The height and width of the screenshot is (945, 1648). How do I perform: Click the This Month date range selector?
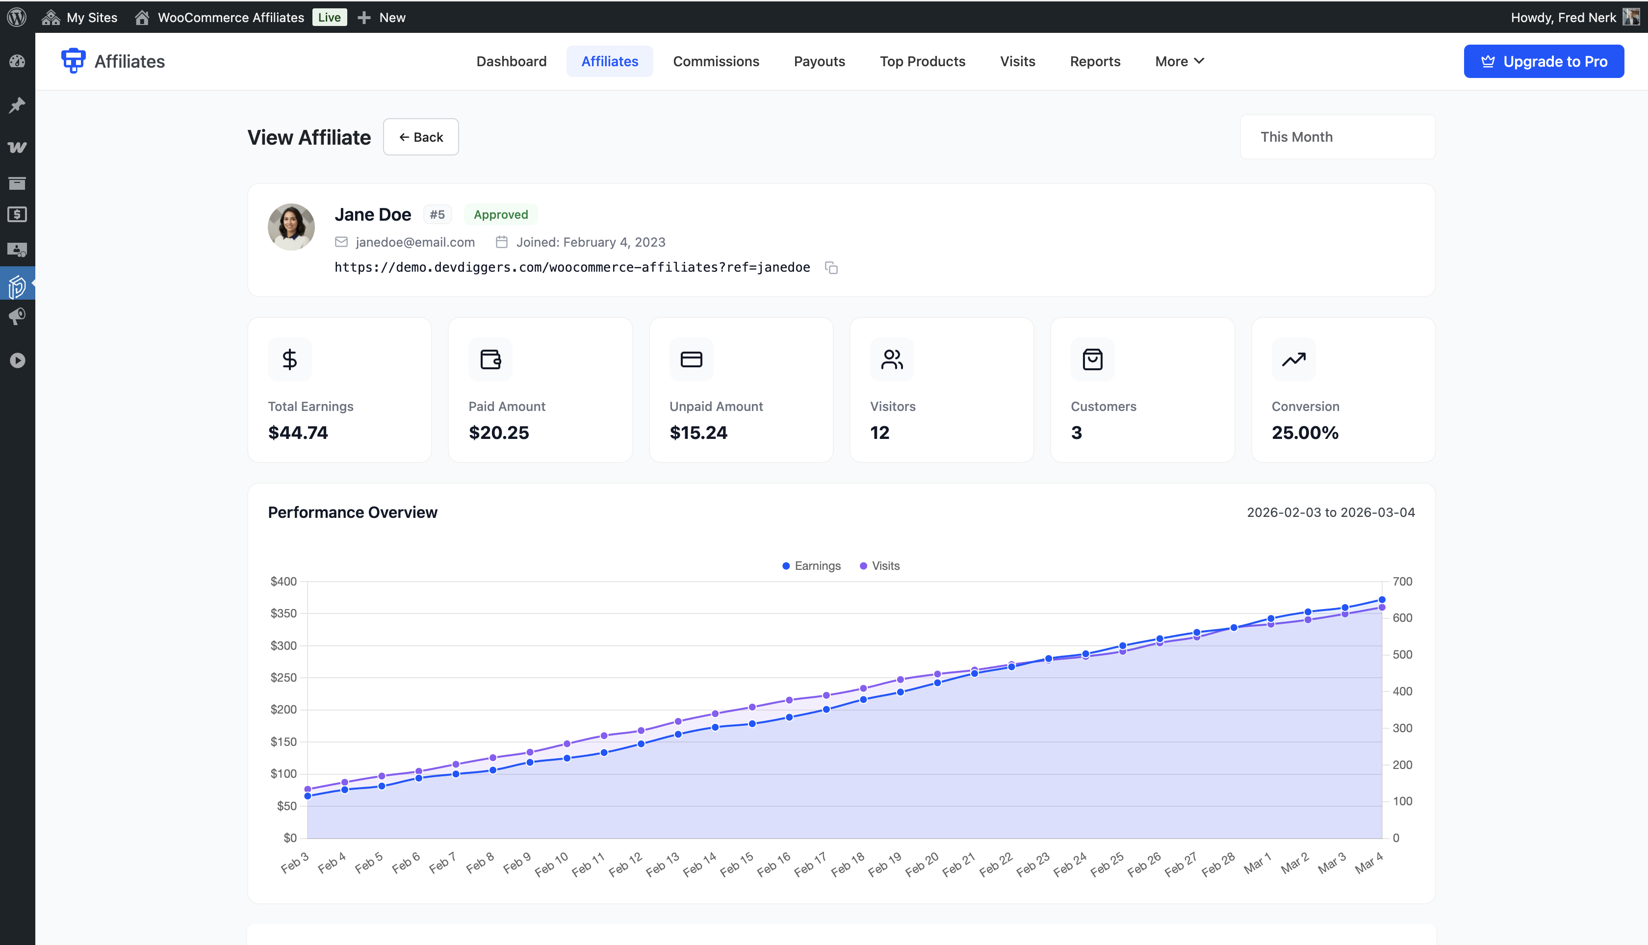tap(1337, 137)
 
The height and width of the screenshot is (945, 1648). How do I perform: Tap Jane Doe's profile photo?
tap(291, 227)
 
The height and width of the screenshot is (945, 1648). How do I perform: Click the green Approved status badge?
tap(500, 215)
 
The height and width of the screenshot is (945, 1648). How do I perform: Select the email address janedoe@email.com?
tap(415, 242)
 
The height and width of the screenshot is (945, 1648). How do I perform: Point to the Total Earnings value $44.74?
tap(298, 433)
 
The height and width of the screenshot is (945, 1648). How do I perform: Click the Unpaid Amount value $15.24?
tap(698, 433)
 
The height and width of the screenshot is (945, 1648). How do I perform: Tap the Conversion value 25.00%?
tap(1305, 433)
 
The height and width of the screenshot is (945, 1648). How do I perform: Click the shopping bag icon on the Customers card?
tap(1092, 359)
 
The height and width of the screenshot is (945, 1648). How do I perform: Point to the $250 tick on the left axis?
tap(283, 678)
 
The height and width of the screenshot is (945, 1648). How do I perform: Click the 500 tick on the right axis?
tap(1402, 655)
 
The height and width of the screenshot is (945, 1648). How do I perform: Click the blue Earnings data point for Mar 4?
tap(1381, 600)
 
